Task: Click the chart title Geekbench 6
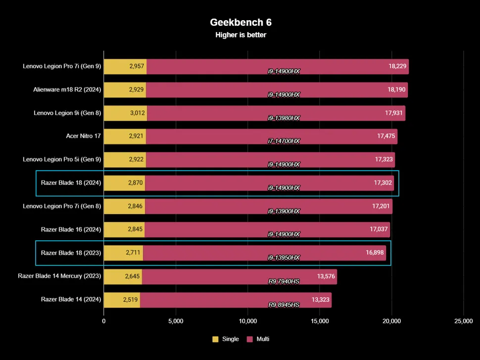click(240, 22)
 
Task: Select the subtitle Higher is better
click(240, 35)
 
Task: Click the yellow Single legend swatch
click(215, 339)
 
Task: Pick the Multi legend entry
click(258, 339)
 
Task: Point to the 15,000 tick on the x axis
click(319, 321)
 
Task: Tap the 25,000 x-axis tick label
click(463, 321)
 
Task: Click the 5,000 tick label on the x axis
click(176, 321)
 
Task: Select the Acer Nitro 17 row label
click(84, 136)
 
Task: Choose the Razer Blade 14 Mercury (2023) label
click(59, 276)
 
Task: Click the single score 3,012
click(137, 113)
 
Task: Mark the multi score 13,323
click(321, 299)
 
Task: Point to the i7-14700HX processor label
click(284, 141)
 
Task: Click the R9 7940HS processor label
click(284, 281)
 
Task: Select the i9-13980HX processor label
click(284, 118)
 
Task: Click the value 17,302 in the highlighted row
click(384, 182)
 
